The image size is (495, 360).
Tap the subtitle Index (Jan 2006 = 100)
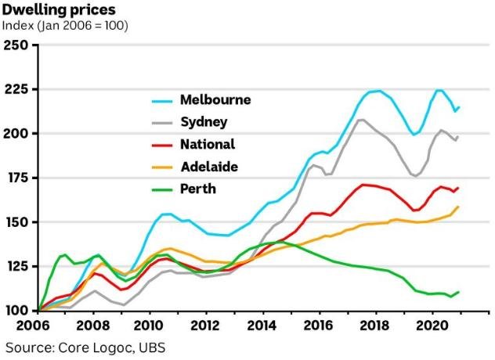(x=66, y=26)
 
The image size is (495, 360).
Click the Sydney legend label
(x=204, y=122)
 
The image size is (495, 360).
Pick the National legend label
(x=208, y=144)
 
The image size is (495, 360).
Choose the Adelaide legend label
(x=208, y=167)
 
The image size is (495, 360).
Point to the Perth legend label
(x=197, y=189)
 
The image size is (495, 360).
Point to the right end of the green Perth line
(x=457, y=292)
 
